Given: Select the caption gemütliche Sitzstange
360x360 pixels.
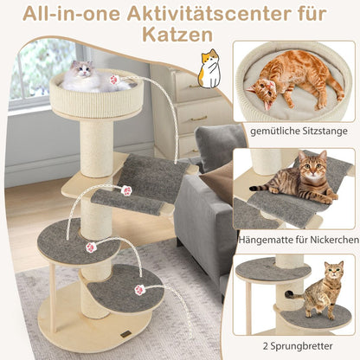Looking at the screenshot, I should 293,131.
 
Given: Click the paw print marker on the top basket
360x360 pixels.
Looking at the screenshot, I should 115,80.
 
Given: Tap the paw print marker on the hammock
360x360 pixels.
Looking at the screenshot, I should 126,190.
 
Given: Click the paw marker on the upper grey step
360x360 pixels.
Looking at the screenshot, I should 89,246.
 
